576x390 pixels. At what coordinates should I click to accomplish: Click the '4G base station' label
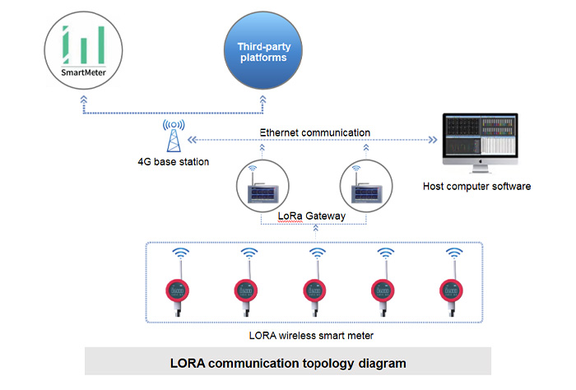(x=173, y=162)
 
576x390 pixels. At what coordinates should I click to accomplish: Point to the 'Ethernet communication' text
(x=314, y=132)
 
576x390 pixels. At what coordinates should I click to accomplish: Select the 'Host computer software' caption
(x=476, y=187)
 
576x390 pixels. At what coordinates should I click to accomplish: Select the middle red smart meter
(x=315, y=290)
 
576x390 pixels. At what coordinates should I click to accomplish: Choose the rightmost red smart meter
(x=452, y=290)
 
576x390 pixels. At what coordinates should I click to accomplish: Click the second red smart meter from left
(x=247, y=290)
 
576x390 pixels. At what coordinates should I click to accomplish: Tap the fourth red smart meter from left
(x=383, y=290)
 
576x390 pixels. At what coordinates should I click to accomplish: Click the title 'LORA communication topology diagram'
(x=288, y=362)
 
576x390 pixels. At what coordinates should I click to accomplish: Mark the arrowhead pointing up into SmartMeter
(x=82, y=100)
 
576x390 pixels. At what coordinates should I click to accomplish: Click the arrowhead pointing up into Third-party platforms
(x=262, y=99)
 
